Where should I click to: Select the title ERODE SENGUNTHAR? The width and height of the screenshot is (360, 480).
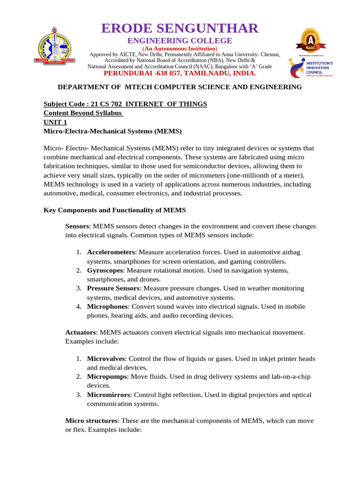coord(180,28)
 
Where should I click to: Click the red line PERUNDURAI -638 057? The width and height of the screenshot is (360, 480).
coord(180,73)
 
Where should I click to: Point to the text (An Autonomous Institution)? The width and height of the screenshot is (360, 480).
coord(180,48)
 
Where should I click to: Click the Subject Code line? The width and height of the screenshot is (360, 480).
coord(125,104)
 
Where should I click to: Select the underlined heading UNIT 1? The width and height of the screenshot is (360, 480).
coord(55,122)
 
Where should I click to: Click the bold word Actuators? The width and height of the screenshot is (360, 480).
coord(81,332)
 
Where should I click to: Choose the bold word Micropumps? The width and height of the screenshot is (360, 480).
coord(107,376)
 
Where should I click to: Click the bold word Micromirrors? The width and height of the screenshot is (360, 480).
coord(108,395)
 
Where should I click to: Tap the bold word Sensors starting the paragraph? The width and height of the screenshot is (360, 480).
coord(77,226)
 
